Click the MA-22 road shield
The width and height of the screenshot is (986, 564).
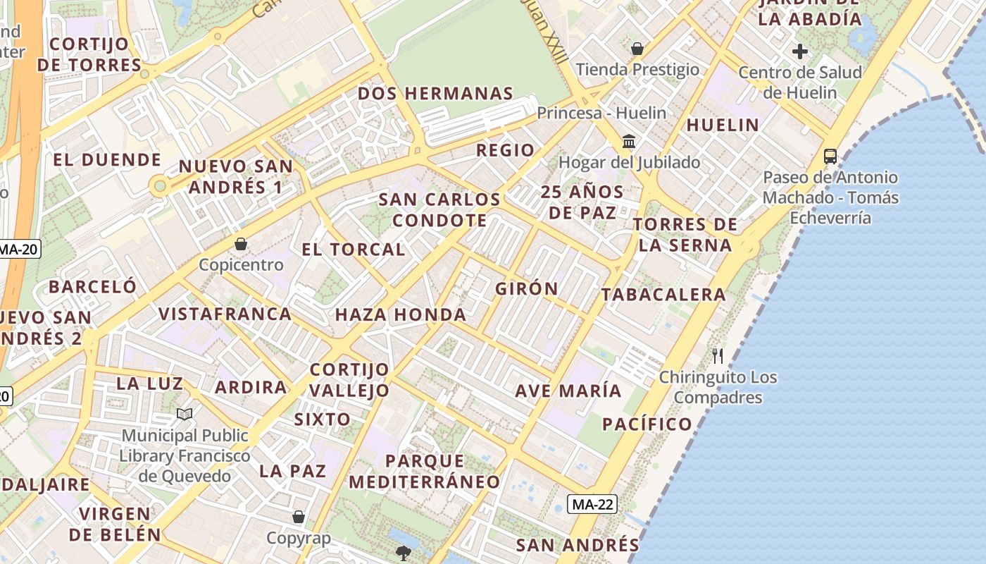(592, 504)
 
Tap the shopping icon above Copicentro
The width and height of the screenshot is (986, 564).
(241, 244)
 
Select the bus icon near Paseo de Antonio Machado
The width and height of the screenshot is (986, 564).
(830, 156)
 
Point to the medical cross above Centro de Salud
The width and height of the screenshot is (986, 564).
(799, 51)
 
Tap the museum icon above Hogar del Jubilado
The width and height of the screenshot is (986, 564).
(629, 142)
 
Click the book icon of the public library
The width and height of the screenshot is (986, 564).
(185, 415)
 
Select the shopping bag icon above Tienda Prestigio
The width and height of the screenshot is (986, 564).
(637, 49)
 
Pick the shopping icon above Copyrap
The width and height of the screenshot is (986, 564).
(299, 517)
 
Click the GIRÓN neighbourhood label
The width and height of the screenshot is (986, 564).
(526, 288)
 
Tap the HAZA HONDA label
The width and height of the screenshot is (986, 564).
(400, 314)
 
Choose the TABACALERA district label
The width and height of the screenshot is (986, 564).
(663, 295)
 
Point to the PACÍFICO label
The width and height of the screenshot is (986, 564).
(647, 424)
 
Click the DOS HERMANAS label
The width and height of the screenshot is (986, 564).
(435, 94)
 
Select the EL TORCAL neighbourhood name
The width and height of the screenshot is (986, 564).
(353, 249)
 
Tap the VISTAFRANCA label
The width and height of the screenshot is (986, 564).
(225, 314)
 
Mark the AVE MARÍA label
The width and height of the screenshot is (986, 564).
(568, 391)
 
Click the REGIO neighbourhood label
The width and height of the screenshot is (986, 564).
(505, 150)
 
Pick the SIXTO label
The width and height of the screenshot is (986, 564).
(322, 419)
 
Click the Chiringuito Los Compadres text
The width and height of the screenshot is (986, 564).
(718, 387)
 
